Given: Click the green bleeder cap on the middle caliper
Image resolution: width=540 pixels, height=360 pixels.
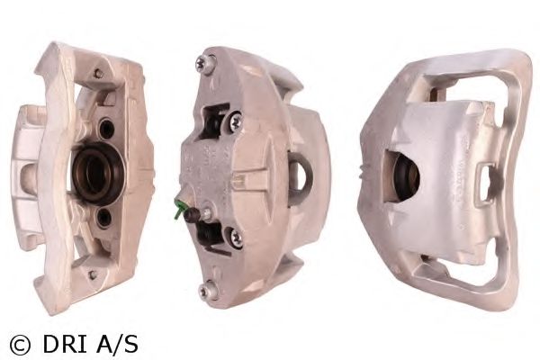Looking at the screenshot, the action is [178, 208].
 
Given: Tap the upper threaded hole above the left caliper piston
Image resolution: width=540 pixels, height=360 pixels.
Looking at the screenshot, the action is [106, 129].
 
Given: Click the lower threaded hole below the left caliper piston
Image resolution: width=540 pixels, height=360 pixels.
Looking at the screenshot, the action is [103, 217].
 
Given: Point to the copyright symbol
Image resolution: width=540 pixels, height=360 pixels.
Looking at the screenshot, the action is [20, 345].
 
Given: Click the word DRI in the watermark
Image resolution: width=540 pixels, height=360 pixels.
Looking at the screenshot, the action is [65, 344].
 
